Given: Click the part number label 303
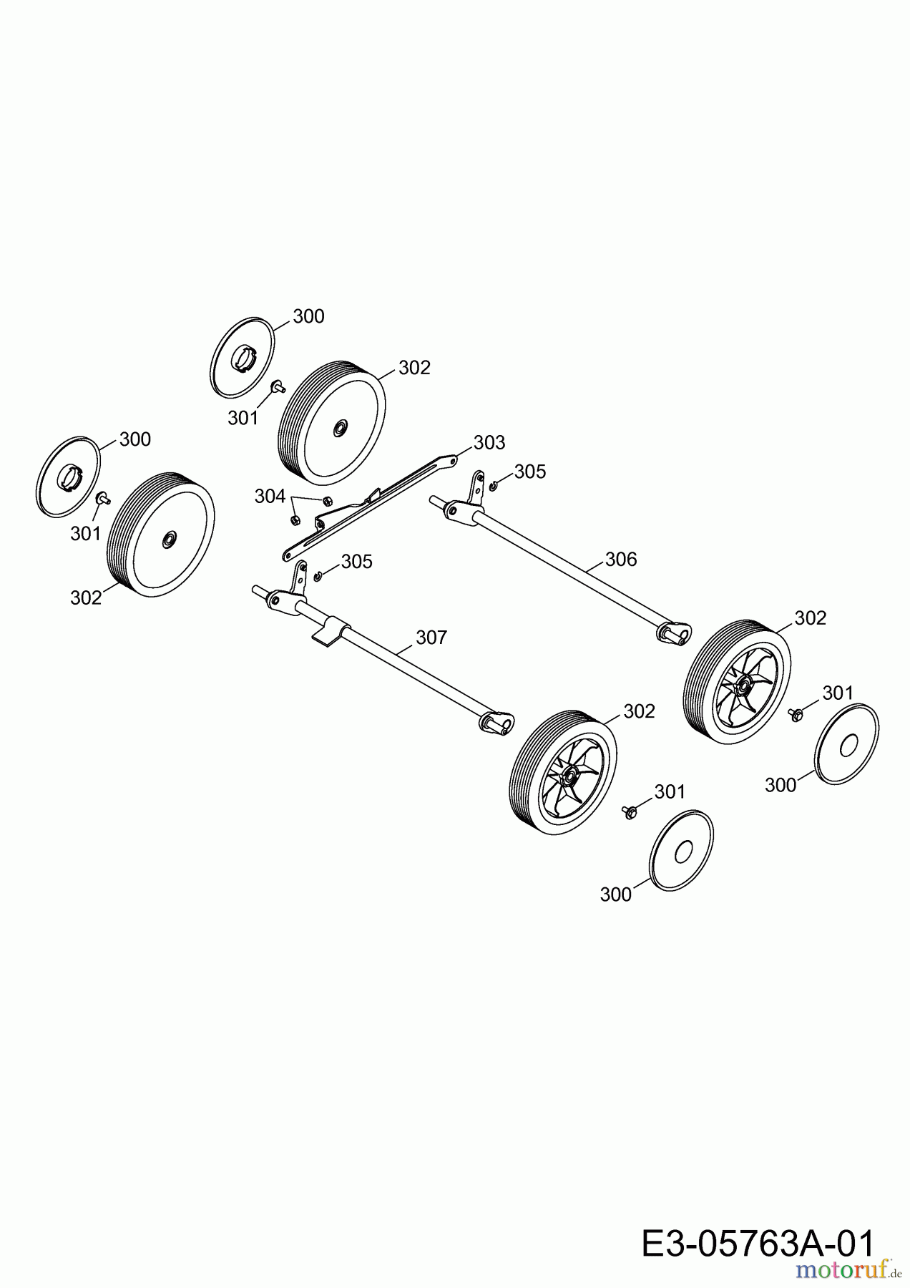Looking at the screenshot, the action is (x=489, y=443).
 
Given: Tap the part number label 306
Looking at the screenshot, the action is (x=621, y=560).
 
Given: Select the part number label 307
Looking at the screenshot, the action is (x=431, y=638).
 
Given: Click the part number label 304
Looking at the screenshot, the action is (x=270, y=497).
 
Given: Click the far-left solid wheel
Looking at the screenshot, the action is (x=161, y=535).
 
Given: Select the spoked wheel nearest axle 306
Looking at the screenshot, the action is (x=738, y=683).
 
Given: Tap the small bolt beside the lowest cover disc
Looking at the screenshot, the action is (x=630, y=811).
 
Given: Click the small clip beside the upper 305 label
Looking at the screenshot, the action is (x=494, y=487).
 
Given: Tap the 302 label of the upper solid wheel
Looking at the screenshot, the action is (x=414, y=368).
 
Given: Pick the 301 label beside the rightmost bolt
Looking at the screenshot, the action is (x=838, y=693).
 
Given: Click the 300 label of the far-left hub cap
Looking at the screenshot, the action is (x=135, y=439).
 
